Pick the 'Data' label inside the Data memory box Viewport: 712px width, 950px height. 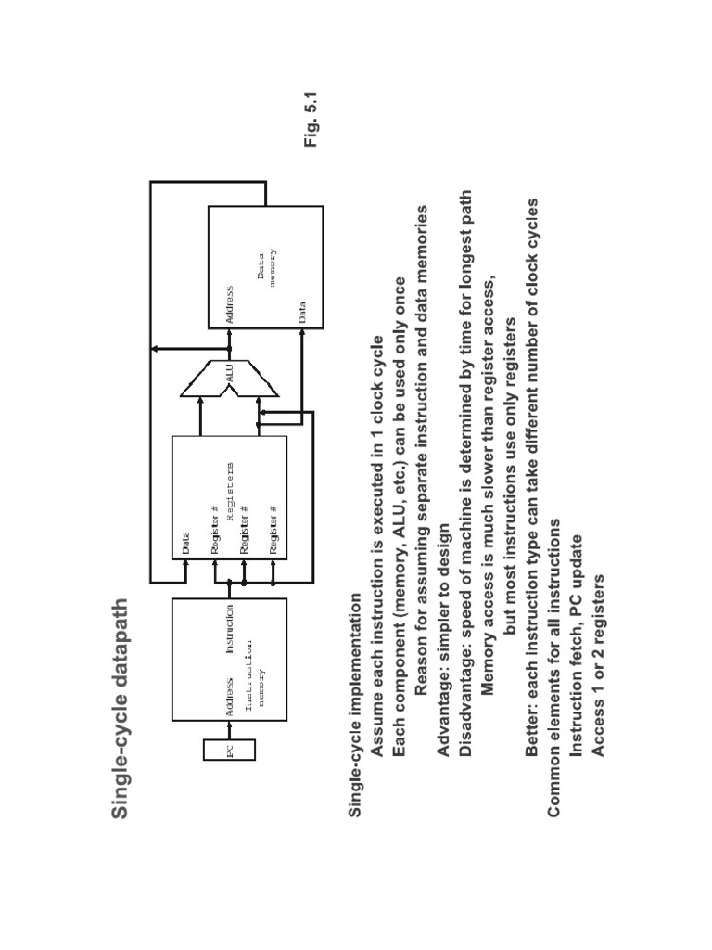tap(303, 311)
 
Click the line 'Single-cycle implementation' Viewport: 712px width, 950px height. tap(354, 703)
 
